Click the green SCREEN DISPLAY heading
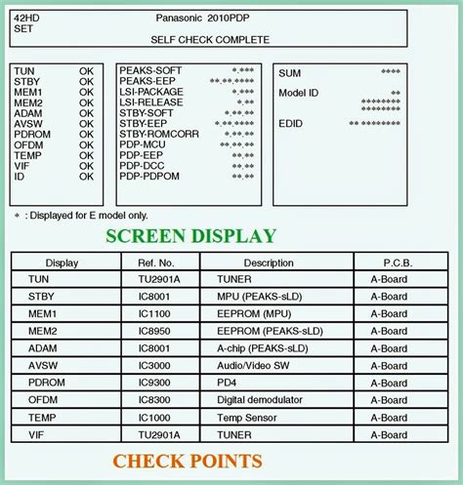[x=190, y=235]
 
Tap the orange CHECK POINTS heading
[x=187, y=461]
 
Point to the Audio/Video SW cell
[x=252, y=366]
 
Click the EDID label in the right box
[x=292, y=124]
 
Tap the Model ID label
[x=299, y=93]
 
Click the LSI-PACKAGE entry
[x=151, y=92]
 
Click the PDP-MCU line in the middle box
[x=143, y=144]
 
